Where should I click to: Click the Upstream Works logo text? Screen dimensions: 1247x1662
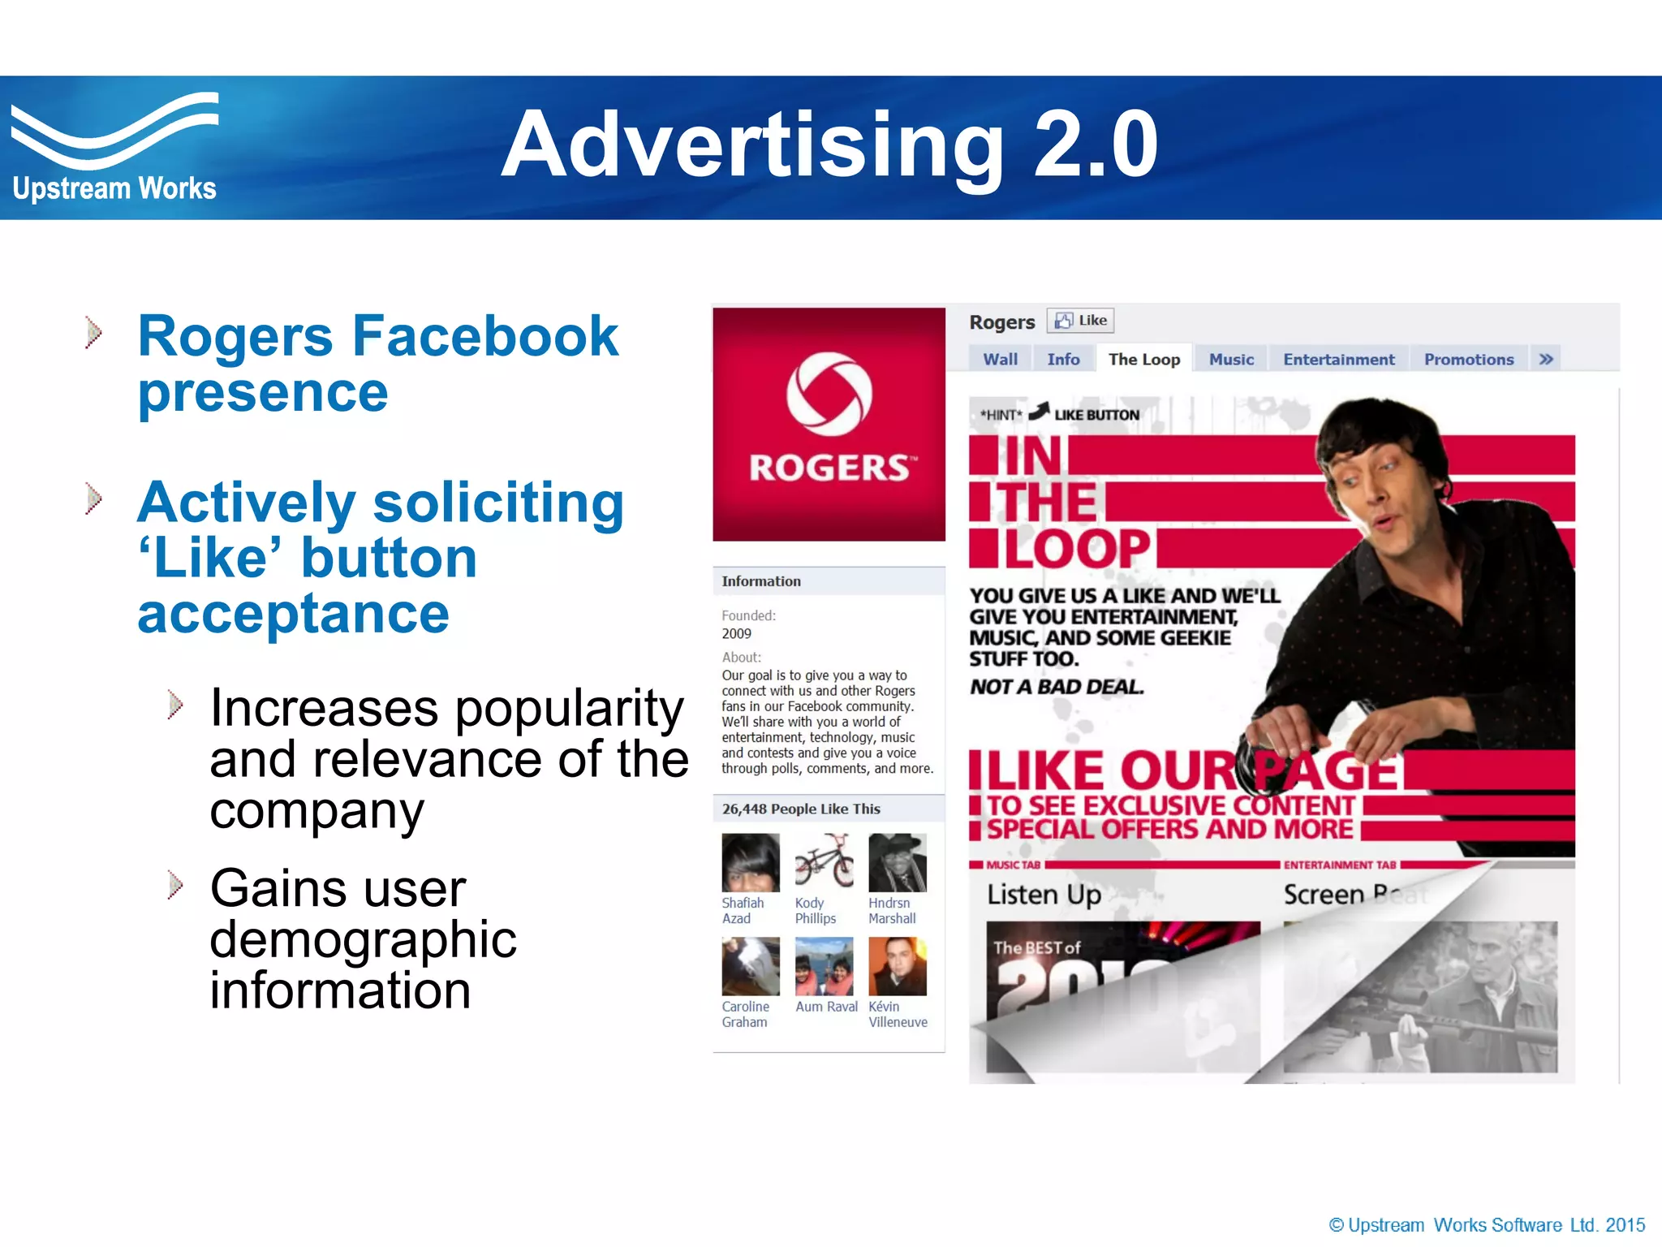(x=114, y=188)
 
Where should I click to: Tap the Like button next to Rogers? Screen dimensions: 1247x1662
(x=1081, y=321)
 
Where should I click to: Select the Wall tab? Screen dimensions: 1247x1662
(x=1000, y=359)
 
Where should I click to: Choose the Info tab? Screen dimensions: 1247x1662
(x=1063, y=359)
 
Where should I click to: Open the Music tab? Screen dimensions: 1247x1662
(x=1231, y=359)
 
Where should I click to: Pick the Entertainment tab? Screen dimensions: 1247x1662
(x=1338, y=359)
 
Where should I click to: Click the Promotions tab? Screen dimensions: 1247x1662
(x=1469, y=359)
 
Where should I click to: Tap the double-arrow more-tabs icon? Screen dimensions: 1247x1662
(x=1546, y=359)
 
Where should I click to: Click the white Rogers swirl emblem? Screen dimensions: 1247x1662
(x=829, y=394)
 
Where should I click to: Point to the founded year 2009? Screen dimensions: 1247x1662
(x=737, y=633)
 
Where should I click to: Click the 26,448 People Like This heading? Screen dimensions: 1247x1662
(x=801, y=809)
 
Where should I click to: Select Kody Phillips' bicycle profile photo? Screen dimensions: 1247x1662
(x=824, y=862)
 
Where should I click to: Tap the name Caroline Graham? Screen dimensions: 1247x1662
(x=745, y=1014)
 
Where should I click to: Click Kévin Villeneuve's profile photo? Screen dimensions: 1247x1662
(x=897, y=966)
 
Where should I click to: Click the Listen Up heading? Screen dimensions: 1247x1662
(x=1044, y=895)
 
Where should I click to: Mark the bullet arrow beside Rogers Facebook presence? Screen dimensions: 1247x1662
(x=94, y=332)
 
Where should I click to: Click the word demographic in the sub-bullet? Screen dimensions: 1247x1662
(x=363, y=939)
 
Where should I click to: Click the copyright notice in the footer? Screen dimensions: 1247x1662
(x=1486, y=1225)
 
